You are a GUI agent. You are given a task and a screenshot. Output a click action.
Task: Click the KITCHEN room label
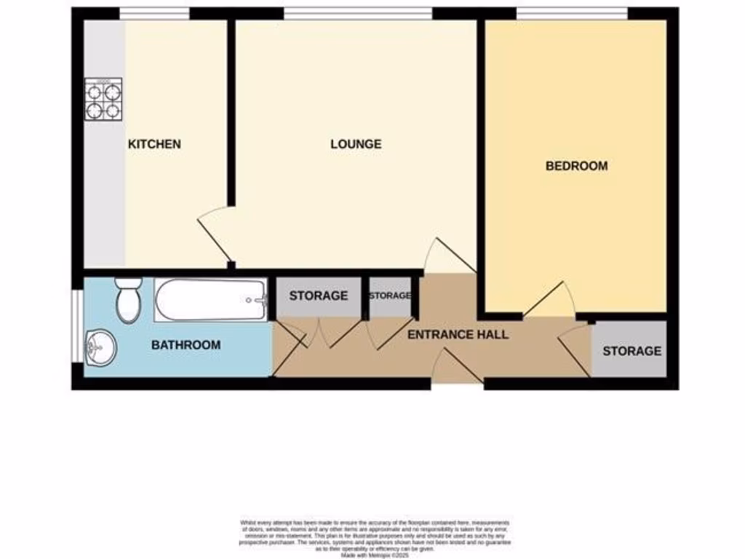click(154, 144)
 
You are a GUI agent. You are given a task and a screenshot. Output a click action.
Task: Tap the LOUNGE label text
click(356, 144)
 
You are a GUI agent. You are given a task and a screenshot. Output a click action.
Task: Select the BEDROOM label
click(576, 166)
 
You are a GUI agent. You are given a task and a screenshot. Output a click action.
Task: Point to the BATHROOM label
click(186, 345)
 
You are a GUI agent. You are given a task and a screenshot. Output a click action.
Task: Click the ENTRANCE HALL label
click(458, 335)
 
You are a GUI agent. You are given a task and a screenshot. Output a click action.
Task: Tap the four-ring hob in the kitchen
click(103, 100)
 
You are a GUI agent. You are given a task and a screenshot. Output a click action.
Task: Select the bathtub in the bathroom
click(211, 300)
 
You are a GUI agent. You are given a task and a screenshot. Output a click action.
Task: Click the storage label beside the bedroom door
click(632, 351)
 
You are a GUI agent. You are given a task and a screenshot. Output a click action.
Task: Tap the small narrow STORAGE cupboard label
click(390, 296)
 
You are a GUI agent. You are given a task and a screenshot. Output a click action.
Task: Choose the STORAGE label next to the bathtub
click(319, 296)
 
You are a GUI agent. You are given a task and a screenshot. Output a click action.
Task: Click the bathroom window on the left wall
click(77, 326)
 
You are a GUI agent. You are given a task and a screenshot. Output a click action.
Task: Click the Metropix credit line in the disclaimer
click(375, 555)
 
